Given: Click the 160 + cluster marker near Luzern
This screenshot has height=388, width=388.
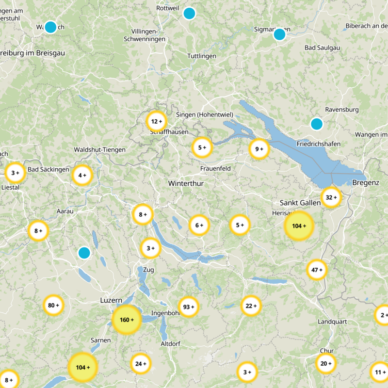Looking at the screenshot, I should [x=127, y=320].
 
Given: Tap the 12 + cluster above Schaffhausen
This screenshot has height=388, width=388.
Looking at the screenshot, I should [x=156, y=121].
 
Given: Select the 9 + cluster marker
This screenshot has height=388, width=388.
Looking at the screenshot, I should [x=259, y=149].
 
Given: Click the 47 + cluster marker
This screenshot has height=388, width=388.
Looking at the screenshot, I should [x=317, y=270].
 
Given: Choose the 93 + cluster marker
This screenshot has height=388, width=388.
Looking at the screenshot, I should [x=189, y=307].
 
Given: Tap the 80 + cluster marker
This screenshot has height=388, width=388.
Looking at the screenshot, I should [x=53, y=305].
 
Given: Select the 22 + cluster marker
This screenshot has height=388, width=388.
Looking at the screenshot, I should [x=251, y=306].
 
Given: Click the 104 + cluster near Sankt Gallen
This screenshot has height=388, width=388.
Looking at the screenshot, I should [x=299, y=226].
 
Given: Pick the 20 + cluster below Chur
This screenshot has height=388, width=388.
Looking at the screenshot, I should [x=326, y=363].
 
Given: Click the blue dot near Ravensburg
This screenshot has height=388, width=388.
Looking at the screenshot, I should [x=317, y=124].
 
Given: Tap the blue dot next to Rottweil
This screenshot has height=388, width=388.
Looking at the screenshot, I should [x=189, y=14].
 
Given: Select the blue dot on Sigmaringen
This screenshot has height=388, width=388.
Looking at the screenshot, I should [x=279, y=34].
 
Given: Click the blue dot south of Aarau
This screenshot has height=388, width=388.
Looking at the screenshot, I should [x=84, y=253].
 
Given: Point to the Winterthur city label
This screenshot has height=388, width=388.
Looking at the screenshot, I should [x=186, y=184].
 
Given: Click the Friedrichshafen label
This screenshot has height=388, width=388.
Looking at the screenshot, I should [x=318, y=144].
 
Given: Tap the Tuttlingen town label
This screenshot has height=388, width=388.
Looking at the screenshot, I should [x=202, y=56].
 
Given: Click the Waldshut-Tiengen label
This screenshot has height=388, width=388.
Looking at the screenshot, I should [x=99, y=150].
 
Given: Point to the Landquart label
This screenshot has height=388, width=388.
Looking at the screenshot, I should [x=332, y=322].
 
